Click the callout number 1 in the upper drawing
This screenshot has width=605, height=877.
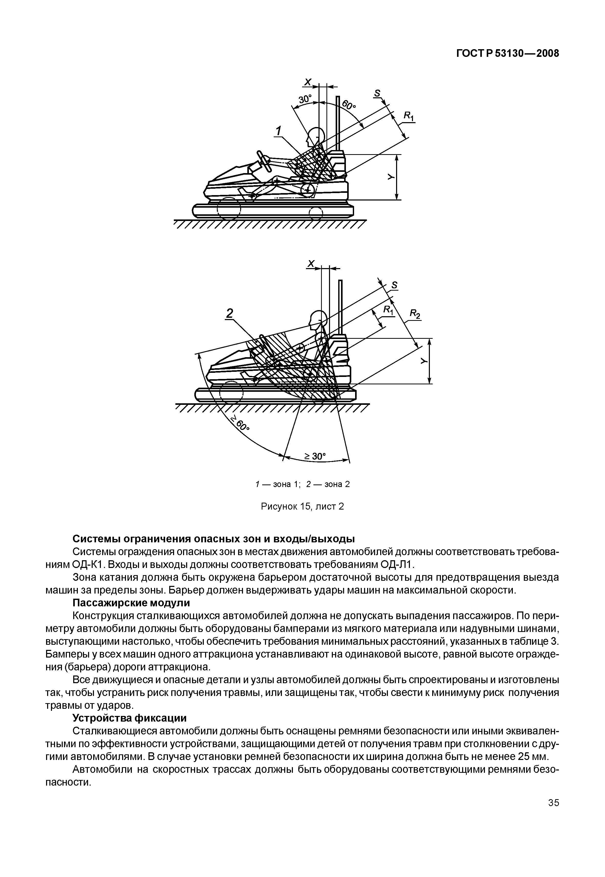(279, 131)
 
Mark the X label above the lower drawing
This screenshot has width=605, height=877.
(311, 264)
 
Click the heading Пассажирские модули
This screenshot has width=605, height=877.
(131, 603)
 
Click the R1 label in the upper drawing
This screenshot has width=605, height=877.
(408, 116)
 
